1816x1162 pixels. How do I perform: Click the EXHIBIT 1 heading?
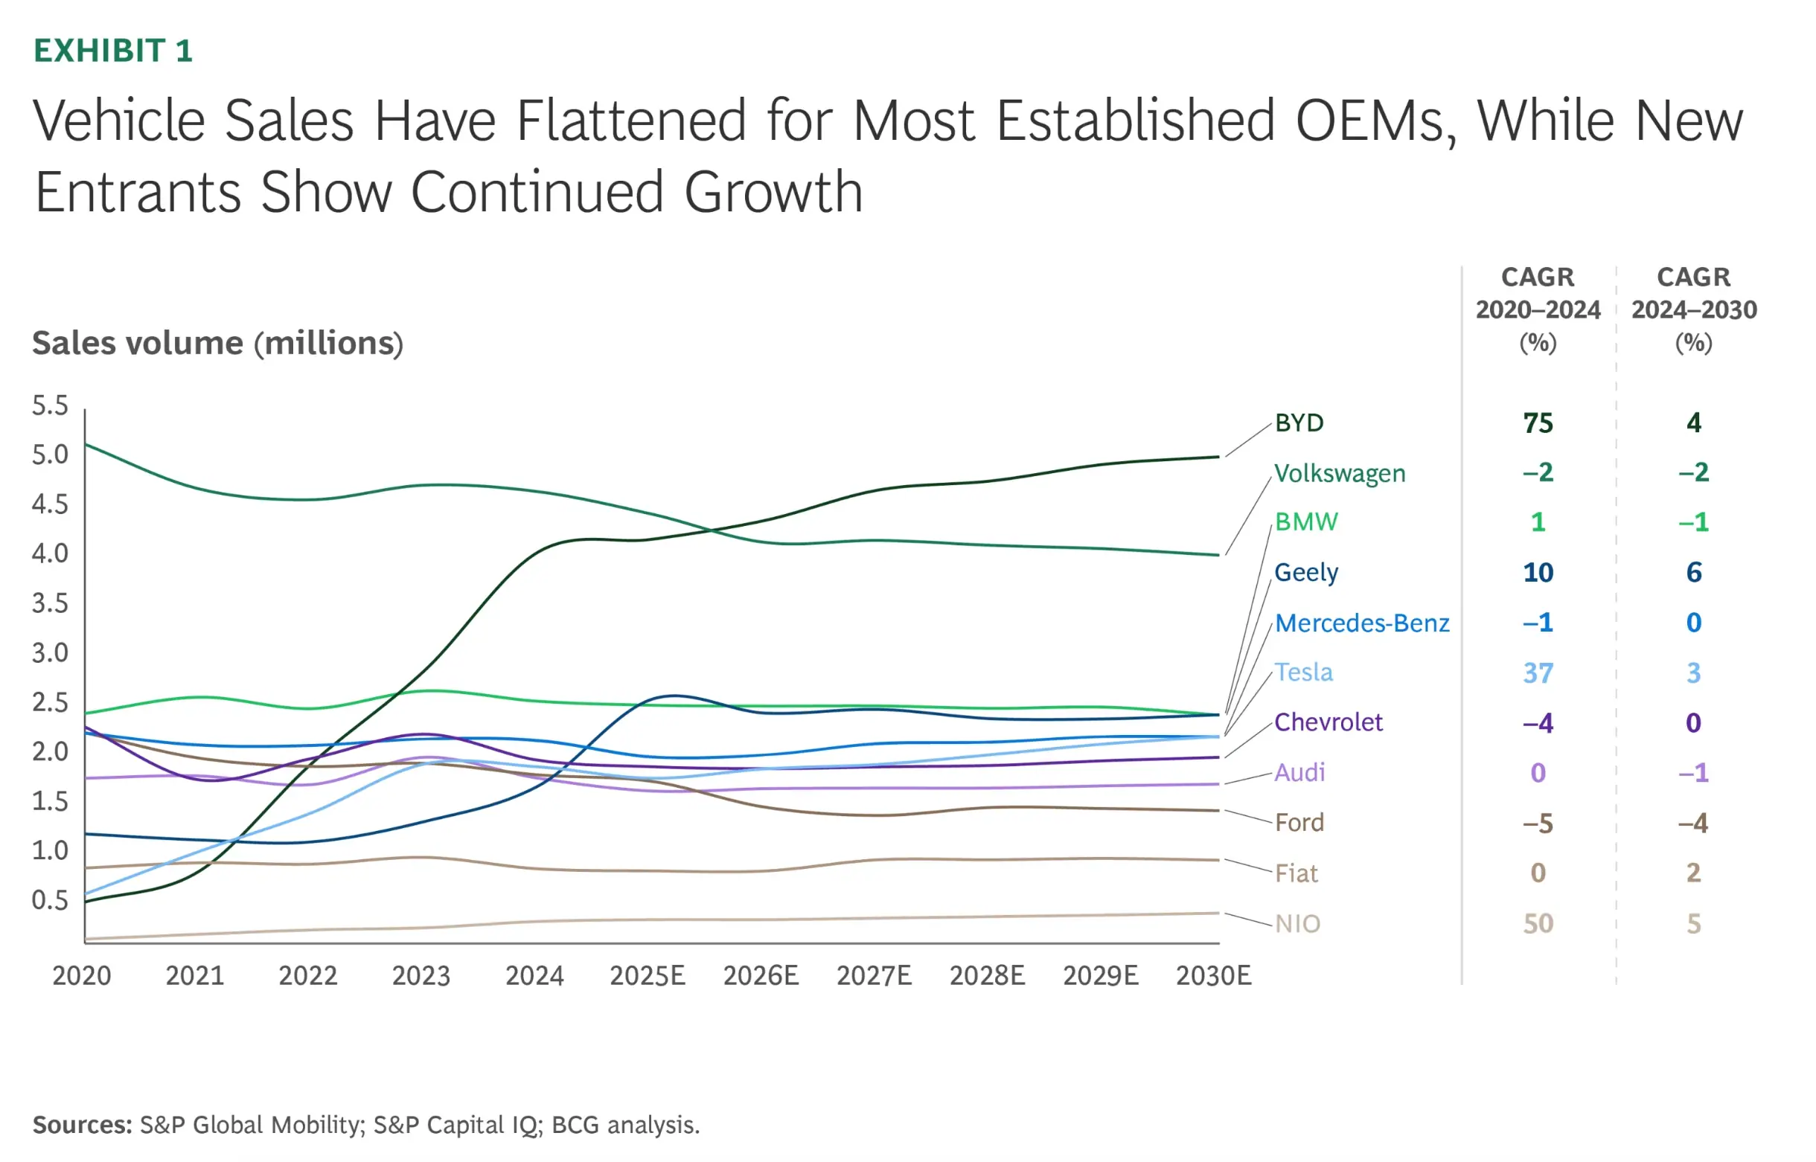113,51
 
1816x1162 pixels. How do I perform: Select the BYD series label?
1298,423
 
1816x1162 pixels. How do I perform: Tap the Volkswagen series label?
1339,473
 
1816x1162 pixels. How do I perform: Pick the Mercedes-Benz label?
1361,623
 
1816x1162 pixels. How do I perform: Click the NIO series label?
1297,923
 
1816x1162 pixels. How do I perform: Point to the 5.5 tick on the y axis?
50,405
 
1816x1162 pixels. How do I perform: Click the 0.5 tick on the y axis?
50,899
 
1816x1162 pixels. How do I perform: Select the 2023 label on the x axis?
421,975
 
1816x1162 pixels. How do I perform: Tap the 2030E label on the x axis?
1213,975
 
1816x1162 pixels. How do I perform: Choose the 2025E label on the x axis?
647,975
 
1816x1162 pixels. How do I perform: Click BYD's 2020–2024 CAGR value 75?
1538,423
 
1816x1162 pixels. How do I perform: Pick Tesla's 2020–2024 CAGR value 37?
1538,673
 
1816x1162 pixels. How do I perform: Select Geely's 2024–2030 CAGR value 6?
1693,572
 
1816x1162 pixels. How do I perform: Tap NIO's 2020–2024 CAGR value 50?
1538,923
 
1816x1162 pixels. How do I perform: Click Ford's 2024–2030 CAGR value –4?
1693,823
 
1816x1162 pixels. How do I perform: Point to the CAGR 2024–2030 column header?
1693,309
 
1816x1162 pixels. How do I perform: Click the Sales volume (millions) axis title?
217,344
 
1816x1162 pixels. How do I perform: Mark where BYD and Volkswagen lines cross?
709,530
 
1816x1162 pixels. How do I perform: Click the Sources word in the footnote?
82,1124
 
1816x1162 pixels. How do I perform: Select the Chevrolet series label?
1328,722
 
